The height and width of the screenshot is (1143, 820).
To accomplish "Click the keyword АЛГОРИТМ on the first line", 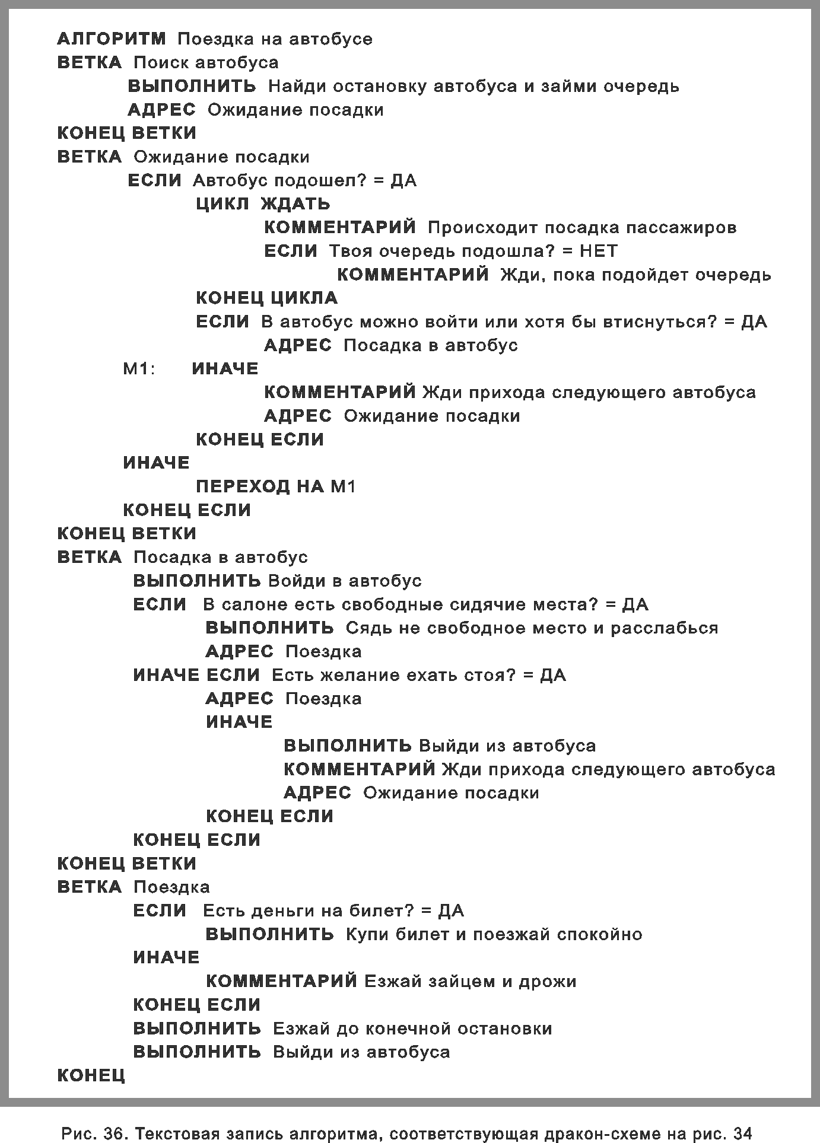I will pyautogui.click(x=112, y=39).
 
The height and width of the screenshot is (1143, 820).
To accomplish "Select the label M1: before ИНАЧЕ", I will pyautogui.click(x=139, y=369).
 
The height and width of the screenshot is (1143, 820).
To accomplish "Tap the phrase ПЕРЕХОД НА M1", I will pyautogui.click(x=275, y=487).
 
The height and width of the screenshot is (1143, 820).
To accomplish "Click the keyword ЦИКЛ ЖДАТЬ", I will pyautogui.click(x=263, y=204).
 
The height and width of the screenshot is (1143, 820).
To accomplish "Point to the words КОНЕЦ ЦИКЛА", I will pyautogui.click(x=266, y=298).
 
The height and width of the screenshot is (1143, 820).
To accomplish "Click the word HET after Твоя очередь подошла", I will pyautogui.click(x=598, y=251).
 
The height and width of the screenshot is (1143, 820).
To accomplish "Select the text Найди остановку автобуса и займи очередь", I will pyautogui.click(x=473, y=87).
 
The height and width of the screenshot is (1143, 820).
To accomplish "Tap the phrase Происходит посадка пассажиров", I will pyautogui.click(x=581, y=228).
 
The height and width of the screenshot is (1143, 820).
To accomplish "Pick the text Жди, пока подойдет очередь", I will pyautogui.click(x=635, y=275).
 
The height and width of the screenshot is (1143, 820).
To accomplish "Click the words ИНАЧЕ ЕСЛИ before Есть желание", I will pyautogui.click(x=196, y=675).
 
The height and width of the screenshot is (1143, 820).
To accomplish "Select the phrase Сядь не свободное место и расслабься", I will pyautogui.click(x=532, y=628).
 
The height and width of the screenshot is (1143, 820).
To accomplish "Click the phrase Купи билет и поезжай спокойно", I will pyautogui.click(x=494, y=934).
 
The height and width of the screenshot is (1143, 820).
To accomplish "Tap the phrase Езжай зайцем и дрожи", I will pyautogui.click(x=470, y=981).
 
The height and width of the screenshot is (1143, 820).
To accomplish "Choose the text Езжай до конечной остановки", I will pyautogui.click(x=412, y=1029).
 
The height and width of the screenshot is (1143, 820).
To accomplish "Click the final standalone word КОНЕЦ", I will pyautogui.click(x=91, y=1075).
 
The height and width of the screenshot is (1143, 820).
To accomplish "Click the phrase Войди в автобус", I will pyautogui.click(x=345, y=581).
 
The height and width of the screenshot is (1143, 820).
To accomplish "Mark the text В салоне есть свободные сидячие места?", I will pyautogui.click(x=400, y=604).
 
